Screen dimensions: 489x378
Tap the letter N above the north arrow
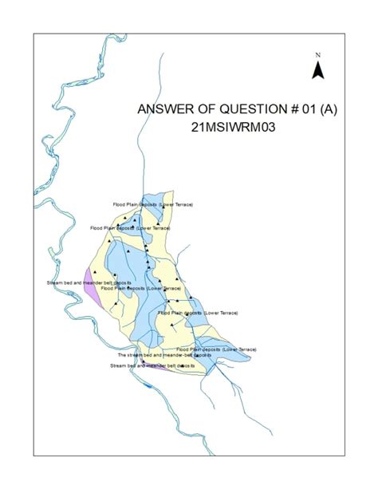tap(317, 55)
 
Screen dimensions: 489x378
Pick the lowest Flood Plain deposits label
tap(216, 349)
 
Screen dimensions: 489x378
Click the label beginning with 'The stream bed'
tap(156, 355)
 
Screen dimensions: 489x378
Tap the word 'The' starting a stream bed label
tap(121, 355)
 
